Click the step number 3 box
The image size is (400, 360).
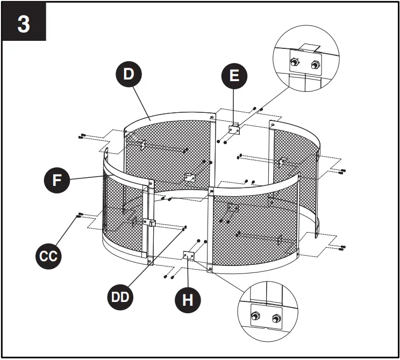pyautogui.click(x=24, y=24)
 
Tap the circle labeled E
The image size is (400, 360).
pyautogui.click(x=234, y=76)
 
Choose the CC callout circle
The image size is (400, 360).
pyautogui.click(x=49, y=256)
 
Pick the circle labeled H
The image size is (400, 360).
pyautogui.click(x=188, y=300)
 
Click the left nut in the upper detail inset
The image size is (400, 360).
pyautogui.click(x=295, y=63)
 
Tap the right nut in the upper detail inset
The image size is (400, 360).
pyautogui.click(x=315, y=66)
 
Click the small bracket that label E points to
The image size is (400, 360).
pyautogui.click(x=234, y=129)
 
